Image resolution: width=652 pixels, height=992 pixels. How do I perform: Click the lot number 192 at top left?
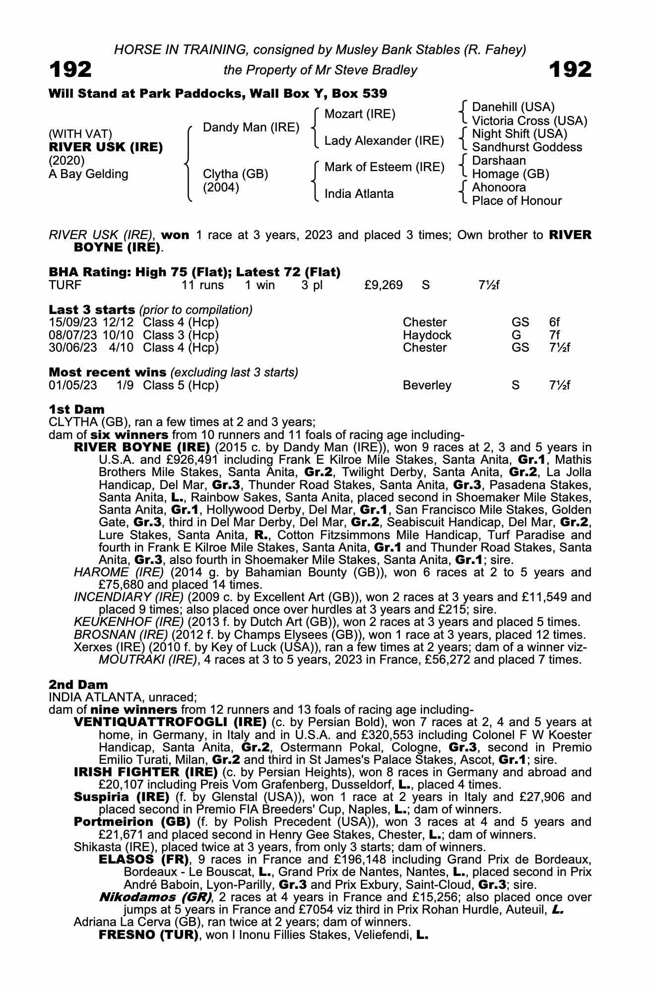click(70, 70)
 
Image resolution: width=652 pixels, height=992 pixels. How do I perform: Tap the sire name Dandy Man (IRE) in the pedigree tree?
click(251, 127)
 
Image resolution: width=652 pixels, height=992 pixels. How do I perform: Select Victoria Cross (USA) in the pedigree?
click(529, 121)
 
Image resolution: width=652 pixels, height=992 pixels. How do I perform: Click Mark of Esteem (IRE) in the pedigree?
click(384, 167)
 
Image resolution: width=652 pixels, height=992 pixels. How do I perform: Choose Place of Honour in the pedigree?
click(517, 201)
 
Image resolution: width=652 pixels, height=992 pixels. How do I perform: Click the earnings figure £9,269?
click(383, 285)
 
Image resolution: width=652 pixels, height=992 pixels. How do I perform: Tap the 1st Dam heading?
click(77, 409)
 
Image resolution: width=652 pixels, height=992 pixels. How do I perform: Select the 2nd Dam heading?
click(78, 684)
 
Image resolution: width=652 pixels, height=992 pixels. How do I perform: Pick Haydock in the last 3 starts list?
click(427, 335)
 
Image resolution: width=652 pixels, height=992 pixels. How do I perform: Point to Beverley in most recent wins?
click(427, 385)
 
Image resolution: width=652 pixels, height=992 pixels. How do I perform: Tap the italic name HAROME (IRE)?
click(119, 572)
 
